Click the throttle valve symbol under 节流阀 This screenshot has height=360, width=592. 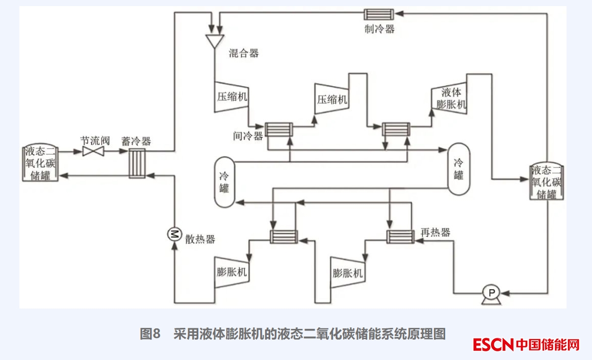point(93,151)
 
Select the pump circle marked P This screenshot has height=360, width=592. point(492,293)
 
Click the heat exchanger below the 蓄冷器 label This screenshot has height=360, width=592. point(137,163)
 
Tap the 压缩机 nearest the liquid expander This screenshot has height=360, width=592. point(332,98)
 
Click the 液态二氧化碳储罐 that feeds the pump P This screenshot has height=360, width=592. point(547,182)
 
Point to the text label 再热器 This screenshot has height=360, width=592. point(435,233)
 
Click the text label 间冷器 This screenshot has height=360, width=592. point(248,136)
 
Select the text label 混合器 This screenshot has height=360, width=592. point(244,53)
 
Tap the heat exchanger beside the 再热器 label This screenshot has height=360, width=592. point(400,236)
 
